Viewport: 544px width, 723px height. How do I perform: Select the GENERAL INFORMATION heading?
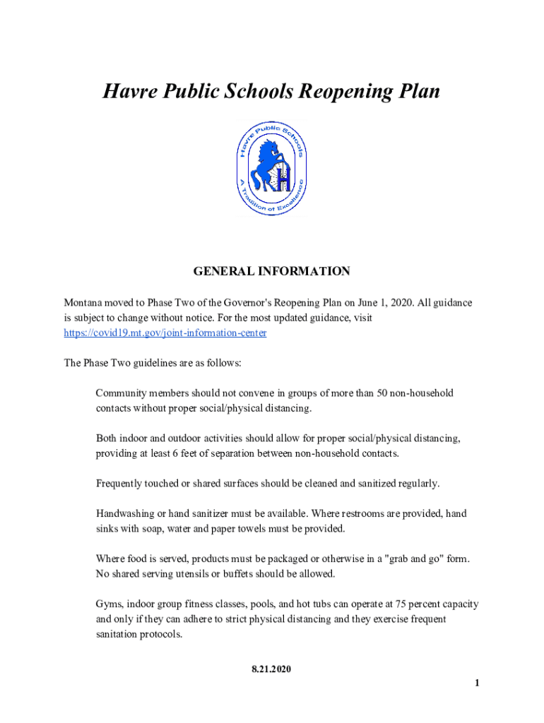click(272, 271)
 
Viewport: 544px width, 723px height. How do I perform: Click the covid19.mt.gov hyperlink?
click(165, 333)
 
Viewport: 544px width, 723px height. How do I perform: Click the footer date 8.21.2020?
click(271, 668)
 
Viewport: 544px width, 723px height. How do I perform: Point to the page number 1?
click(478, 682)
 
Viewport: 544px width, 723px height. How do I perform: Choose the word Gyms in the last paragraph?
click(108, 604)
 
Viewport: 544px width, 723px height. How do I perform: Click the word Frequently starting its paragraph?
click(121, 484)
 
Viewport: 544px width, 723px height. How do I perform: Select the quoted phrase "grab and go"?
click(406, 558)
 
